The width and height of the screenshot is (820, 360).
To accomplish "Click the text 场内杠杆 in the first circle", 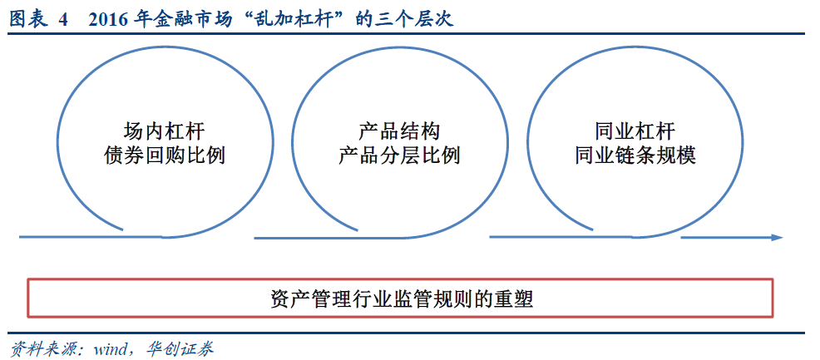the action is pyautogui.click(x=163, y=131).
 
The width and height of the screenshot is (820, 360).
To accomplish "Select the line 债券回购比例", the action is pyautogui.click(x=163, y=155).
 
